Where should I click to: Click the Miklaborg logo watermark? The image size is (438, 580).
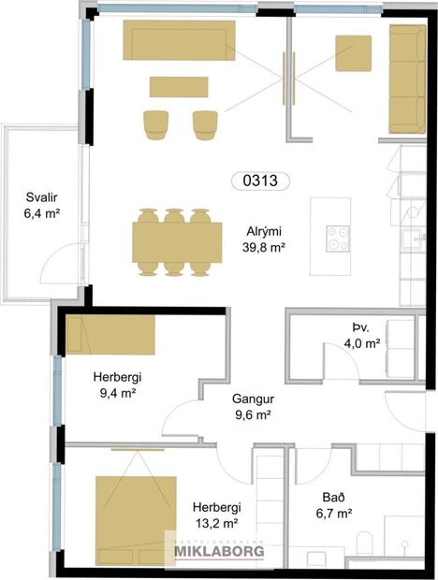pyautogui.click(x=219, y=551)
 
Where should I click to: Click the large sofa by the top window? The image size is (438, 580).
pyautogui.click(x=178, y=40)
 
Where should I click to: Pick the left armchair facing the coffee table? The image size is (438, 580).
pyautogui.click(x=155, y=123)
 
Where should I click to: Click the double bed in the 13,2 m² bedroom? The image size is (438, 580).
pyautogui.click(x=136, y=519)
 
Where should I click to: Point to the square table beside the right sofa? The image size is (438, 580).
pyautogui.click(x=354, y=52)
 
